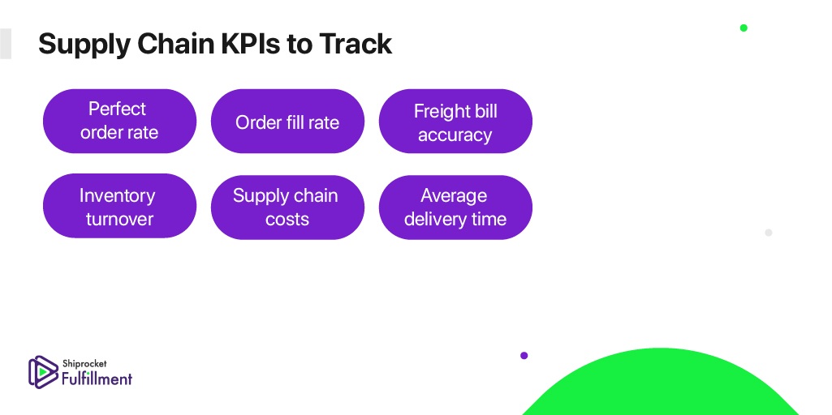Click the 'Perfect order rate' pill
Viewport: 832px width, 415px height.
click(119, 121)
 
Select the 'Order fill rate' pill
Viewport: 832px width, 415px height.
click(287, 121)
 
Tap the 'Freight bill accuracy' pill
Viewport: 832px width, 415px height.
click(455, 121)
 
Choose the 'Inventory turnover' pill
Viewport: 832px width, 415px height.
click(119, 206)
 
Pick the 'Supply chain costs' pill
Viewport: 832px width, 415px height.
click(287, 206)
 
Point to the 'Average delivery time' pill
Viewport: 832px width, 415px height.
click(455, 206)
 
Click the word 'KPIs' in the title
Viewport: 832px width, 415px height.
click(251, 44)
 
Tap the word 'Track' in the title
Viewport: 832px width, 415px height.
click(355, 44)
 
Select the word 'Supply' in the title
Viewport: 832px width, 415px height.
click(84, 45)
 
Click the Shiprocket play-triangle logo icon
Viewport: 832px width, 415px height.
click(42, 372)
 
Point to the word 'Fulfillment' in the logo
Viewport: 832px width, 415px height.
click(97, 379)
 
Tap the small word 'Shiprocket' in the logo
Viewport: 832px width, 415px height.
click(84, 364)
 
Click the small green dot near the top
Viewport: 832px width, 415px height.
click(744, 28)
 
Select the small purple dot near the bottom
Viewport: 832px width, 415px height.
click(524, 356)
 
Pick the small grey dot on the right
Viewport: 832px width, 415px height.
click(769, 233)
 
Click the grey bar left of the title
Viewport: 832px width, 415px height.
click(6, 44)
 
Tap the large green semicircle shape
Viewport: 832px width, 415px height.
click(661, 384)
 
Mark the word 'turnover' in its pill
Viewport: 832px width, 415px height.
click(120, 219)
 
